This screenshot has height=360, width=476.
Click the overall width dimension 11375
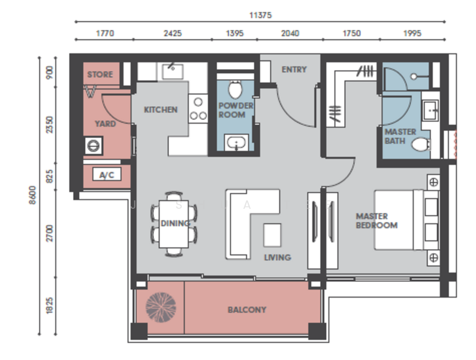pos(260,15)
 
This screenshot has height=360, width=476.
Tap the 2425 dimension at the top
pos(173,33)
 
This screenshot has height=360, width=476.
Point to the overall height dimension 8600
pos(32,195)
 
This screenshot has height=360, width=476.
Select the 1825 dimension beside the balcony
pos(50,305)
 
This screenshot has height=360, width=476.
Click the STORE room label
pos(100,74)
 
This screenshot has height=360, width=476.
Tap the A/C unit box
pos(107,175)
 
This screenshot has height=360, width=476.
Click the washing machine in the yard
pos(94,146)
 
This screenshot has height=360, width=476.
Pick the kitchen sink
pos(172,71)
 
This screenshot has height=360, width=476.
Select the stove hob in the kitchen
pos(198,109)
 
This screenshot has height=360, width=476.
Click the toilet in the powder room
pos(235,89)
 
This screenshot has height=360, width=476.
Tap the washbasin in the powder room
pos(236,142)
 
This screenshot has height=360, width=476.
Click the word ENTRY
pos(294,70)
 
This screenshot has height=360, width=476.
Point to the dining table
pos(174,224)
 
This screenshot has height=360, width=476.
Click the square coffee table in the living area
pos(272,235)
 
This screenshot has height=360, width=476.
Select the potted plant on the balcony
pos(161,307)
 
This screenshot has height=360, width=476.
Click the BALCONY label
pos(247,310)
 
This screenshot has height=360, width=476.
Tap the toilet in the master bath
pos(421,144)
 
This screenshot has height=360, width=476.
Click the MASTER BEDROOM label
pos(376,221)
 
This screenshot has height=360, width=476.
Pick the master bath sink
pos(431,110)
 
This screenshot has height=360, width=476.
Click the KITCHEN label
pos(161,110)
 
